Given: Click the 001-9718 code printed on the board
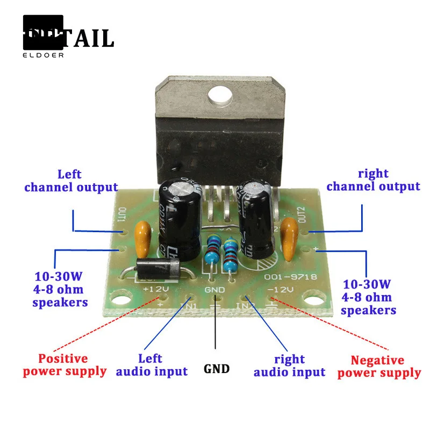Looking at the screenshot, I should (x=290, y=277).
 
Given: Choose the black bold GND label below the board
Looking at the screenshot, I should (x=217, y=369).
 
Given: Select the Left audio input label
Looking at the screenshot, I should (x=152, y=364).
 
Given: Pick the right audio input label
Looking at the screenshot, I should (x=289, y=365).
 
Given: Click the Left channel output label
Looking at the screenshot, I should (x=70, y=181).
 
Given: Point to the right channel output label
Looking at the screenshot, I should (x=373, y=180).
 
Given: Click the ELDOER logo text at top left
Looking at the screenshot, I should (x=43, y=54).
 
